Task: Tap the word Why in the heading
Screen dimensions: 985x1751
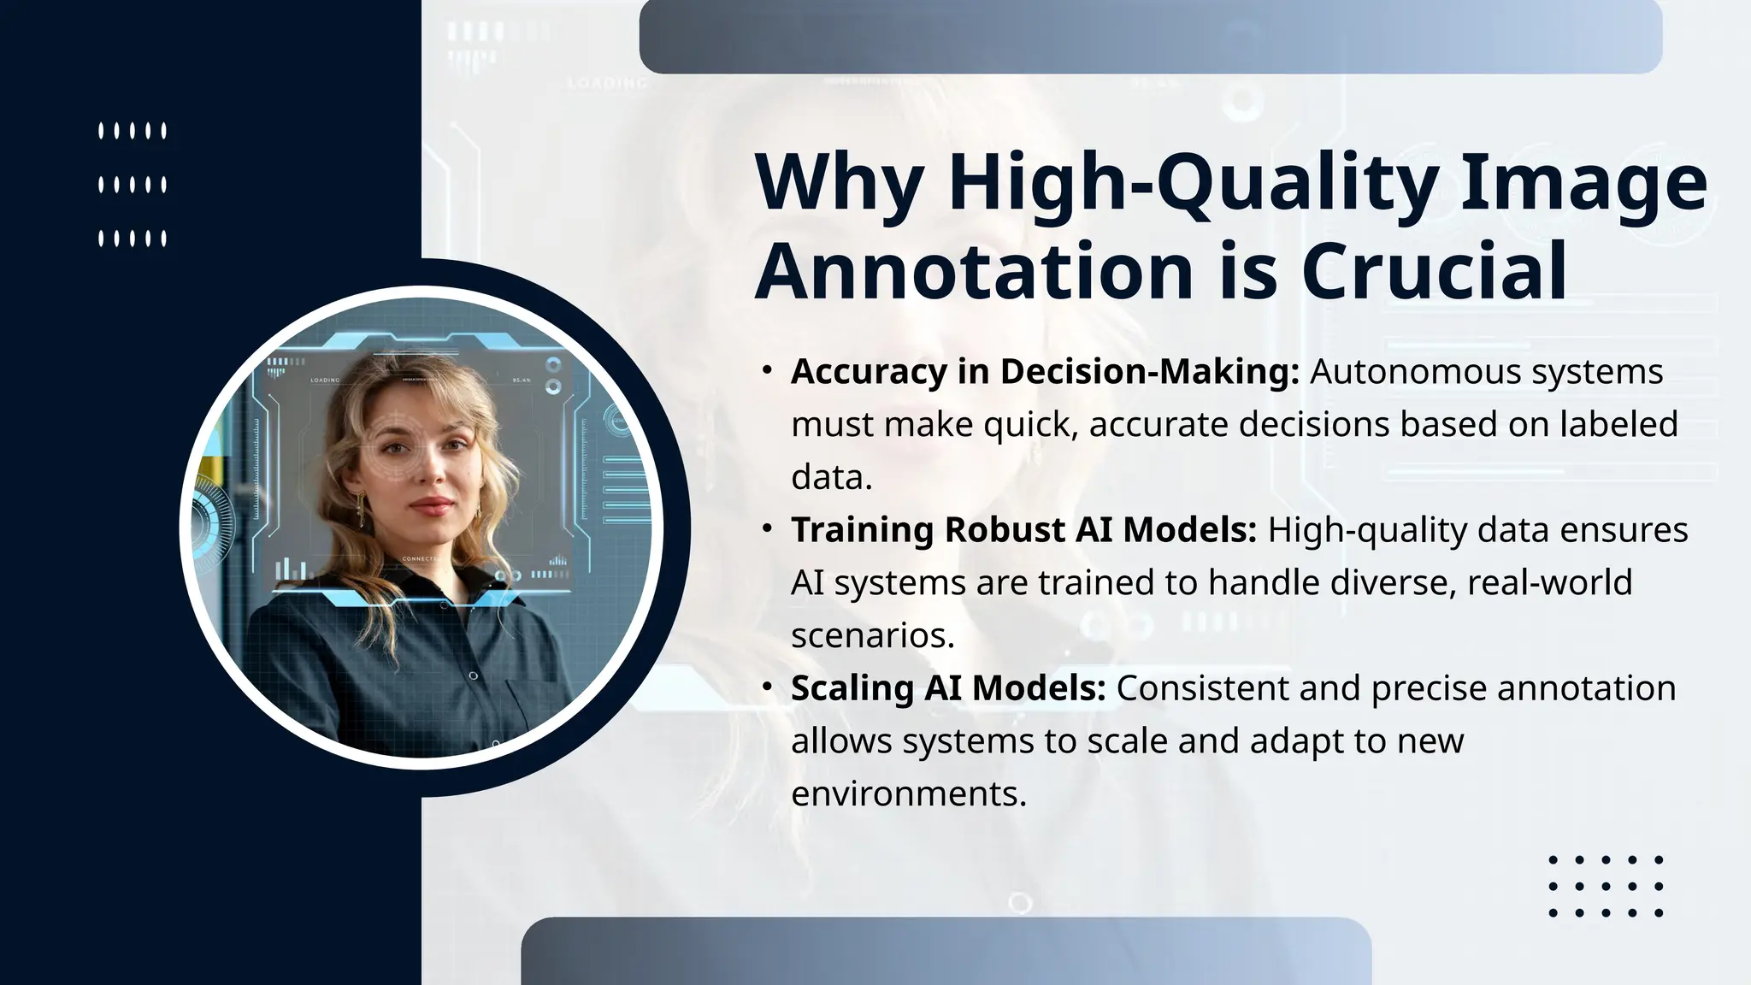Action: pos(839,182)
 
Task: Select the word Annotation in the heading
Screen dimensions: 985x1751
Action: pos(974,271)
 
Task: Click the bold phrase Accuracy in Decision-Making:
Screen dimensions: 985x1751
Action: pos(1045,372)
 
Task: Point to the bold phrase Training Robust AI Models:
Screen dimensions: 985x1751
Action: pos(1023,530)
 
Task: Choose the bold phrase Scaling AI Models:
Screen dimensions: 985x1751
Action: pos(948,688)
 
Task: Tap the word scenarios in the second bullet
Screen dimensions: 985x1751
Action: pos(872,635)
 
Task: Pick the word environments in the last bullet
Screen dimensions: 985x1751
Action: pos(908,793)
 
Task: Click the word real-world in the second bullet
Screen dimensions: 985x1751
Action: pos(1549,583)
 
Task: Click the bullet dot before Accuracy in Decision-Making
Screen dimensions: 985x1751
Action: pos(767,370)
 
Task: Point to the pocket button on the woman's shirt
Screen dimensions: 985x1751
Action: pos(473,676)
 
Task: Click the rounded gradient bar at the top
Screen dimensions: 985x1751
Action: pos(1150,36)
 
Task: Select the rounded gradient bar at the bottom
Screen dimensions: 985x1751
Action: pos(946,951)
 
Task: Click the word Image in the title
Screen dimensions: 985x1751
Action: pos(1583,182)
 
